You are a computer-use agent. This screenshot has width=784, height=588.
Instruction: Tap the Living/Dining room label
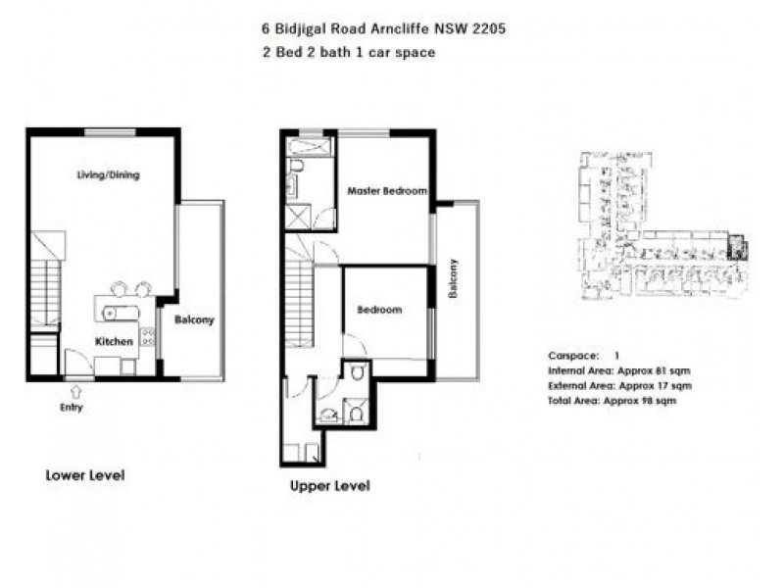pos(108,175)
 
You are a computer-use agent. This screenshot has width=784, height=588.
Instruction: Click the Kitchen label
pos(114,341)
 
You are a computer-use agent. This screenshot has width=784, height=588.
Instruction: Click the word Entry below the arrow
pos(71,407)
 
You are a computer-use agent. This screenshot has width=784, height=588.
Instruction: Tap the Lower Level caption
pos(85,475)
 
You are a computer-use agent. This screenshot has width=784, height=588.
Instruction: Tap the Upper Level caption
pos(329,486)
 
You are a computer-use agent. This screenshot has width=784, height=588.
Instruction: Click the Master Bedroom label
pos(387,191)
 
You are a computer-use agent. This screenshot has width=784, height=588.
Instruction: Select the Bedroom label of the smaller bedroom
pos(379,310)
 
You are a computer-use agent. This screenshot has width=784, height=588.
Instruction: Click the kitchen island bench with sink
pos(119,313)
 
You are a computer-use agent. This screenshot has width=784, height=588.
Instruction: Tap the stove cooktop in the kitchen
pos(147,336)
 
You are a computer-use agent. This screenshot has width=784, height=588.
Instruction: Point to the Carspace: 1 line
pos(584,356)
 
